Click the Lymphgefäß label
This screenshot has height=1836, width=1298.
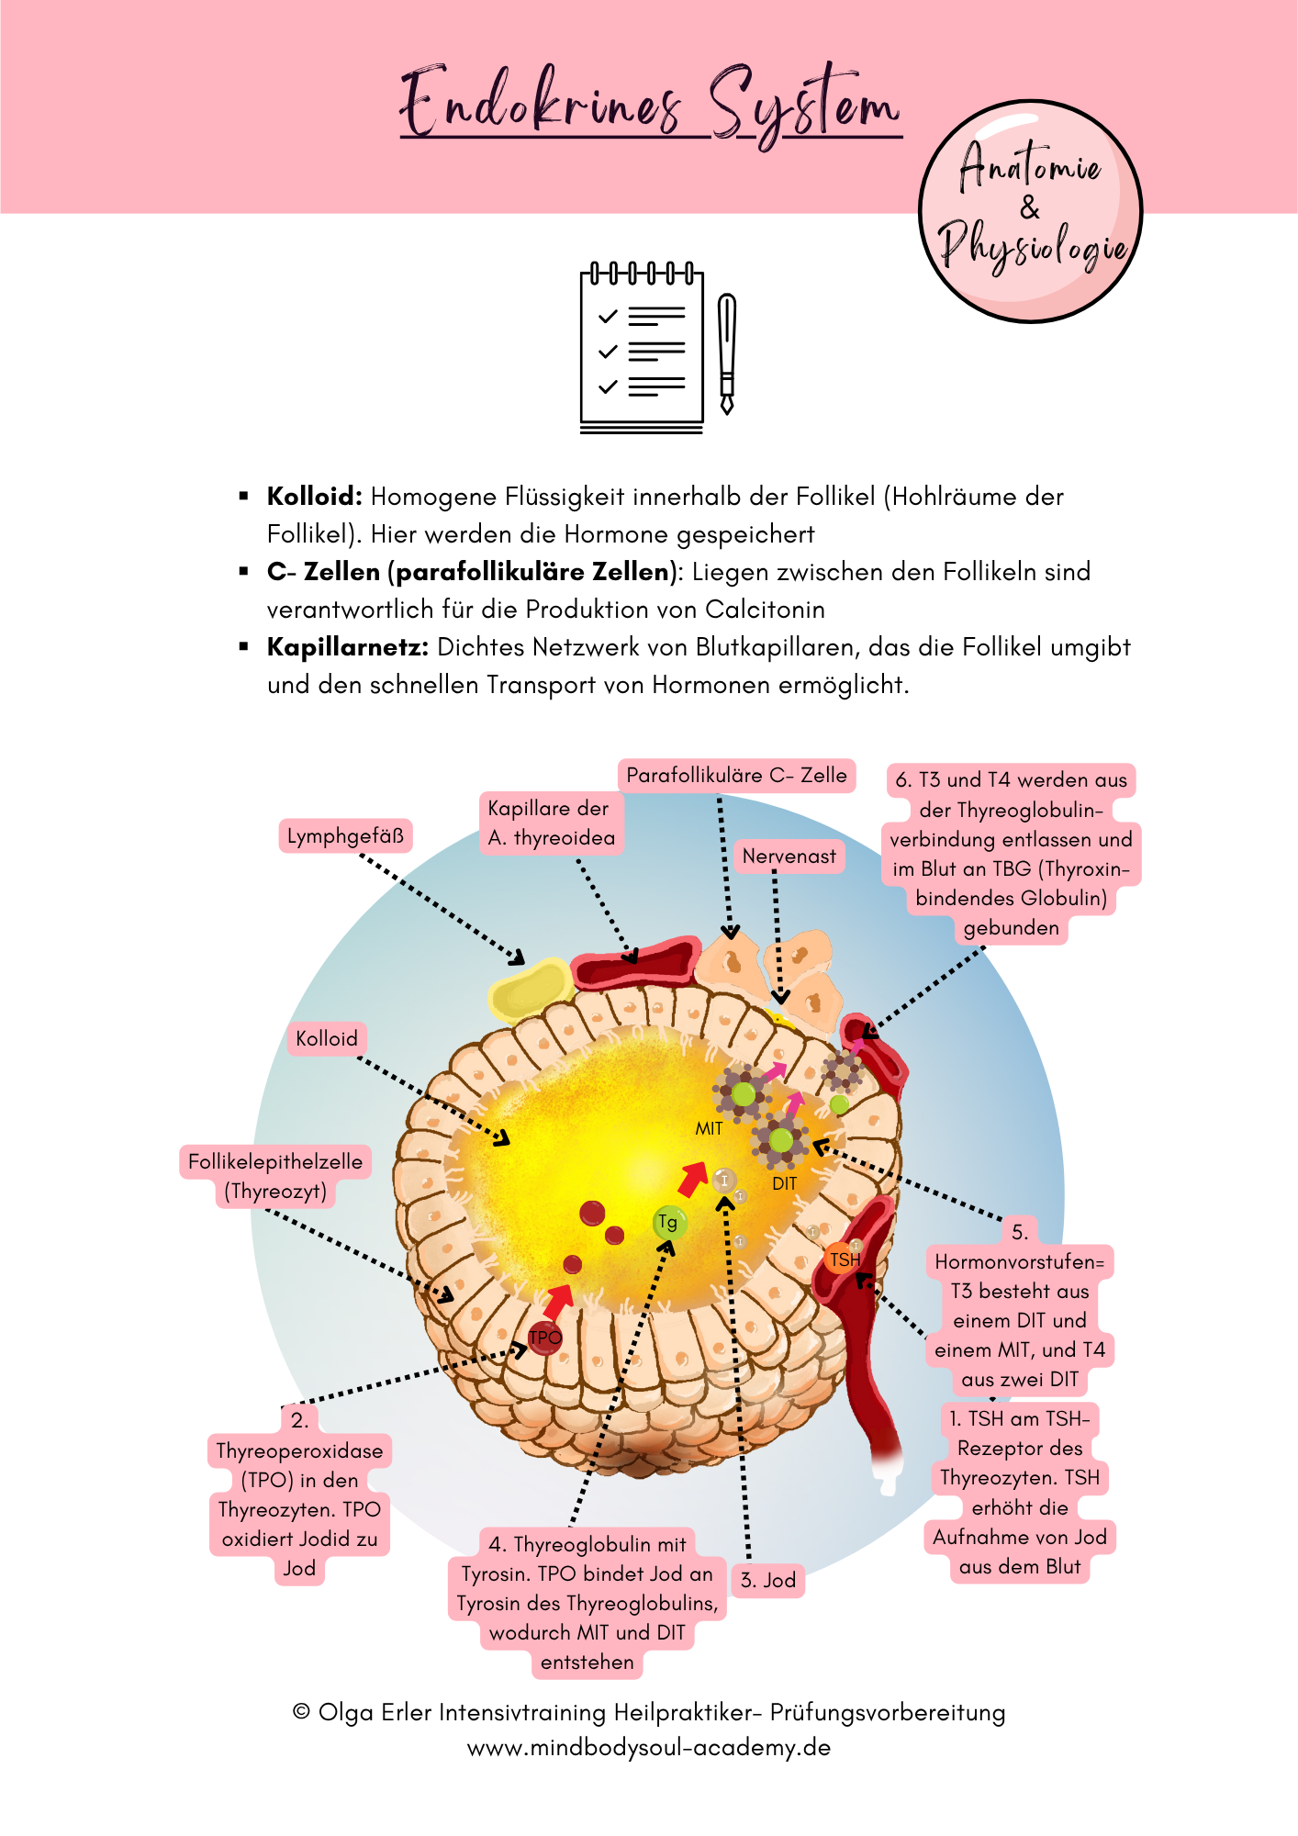click(345, 836)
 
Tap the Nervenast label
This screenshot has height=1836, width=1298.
click(789, 856)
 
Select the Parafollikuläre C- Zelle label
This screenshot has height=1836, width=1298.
click(736, 776)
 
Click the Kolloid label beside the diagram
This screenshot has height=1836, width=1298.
click(326, 1039)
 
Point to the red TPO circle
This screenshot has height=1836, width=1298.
click(544, 1338)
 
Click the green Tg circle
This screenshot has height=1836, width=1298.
click(668, 1223)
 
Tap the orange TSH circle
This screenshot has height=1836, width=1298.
click(844, 1259)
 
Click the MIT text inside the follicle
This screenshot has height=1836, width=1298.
click(709, 1129)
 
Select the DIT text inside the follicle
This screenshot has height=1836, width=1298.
click(784, 1184)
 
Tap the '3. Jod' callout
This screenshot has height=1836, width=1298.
click(767, 1581)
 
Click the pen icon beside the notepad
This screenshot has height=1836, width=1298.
click(727, 353)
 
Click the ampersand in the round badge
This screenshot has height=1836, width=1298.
click(1030, 208)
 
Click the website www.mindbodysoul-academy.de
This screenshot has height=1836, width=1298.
click(649, 1748)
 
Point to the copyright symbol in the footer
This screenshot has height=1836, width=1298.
click(301, 1712)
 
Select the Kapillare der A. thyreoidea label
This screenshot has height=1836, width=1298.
click(551, 823)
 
